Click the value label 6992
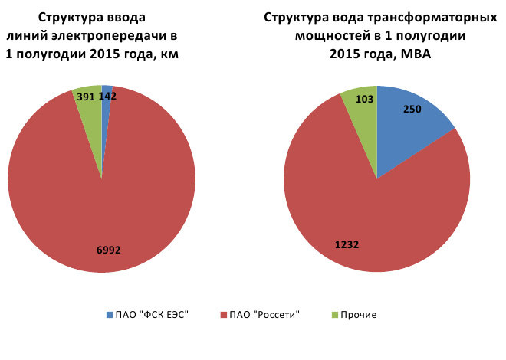pos(108,250)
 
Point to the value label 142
pos(107,97)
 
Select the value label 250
pos(412,110)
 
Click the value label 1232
pos(347,245)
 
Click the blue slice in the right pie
pos(418,130)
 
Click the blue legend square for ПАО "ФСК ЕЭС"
pos(108,315)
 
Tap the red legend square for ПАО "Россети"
pos(223,315)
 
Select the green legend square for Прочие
pos(334,315)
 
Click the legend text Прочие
pos(358,315)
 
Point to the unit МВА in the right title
pos(412,53)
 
